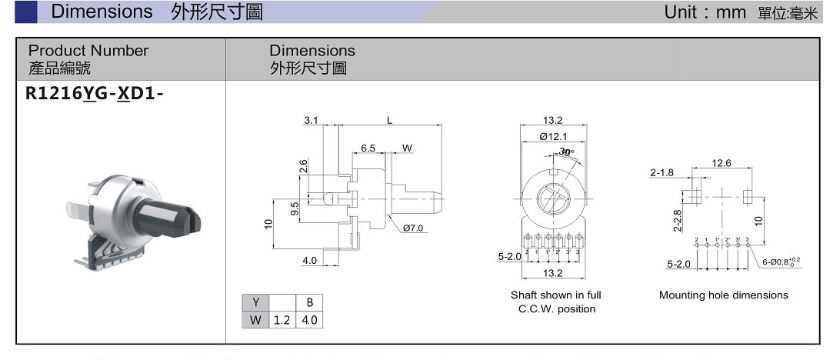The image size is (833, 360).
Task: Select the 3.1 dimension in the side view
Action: coord(312,120)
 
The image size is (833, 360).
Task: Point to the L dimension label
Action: coord(390,120)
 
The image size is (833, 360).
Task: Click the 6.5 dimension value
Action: coord(368,147)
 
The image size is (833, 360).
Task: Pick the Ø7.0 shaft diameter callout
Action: coord(413,228)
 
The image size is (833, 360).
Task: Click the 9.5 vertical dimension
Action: coord(295,210)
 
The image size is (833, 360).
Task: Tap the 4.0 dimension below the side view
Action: coord(309,261)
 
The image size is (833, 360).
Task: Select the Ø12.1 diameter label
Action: coord(553,136)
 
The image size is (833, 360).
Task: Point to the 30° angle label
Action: coord(567,152)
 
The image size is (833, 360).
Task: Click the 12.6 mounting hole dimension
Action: coord(721,163)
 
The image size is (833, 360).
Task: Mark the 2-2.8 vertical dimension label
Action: coord(678,220)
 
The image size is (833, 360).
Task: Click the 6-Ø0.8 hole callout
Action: coord(781,262)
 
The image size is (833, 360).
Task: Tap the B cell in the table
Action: coord(310,302)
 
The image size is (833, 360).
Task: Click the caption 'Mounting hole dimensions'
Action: coord(723,295)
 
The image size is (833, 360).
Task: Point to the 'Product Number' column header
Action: coord(88,51)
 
